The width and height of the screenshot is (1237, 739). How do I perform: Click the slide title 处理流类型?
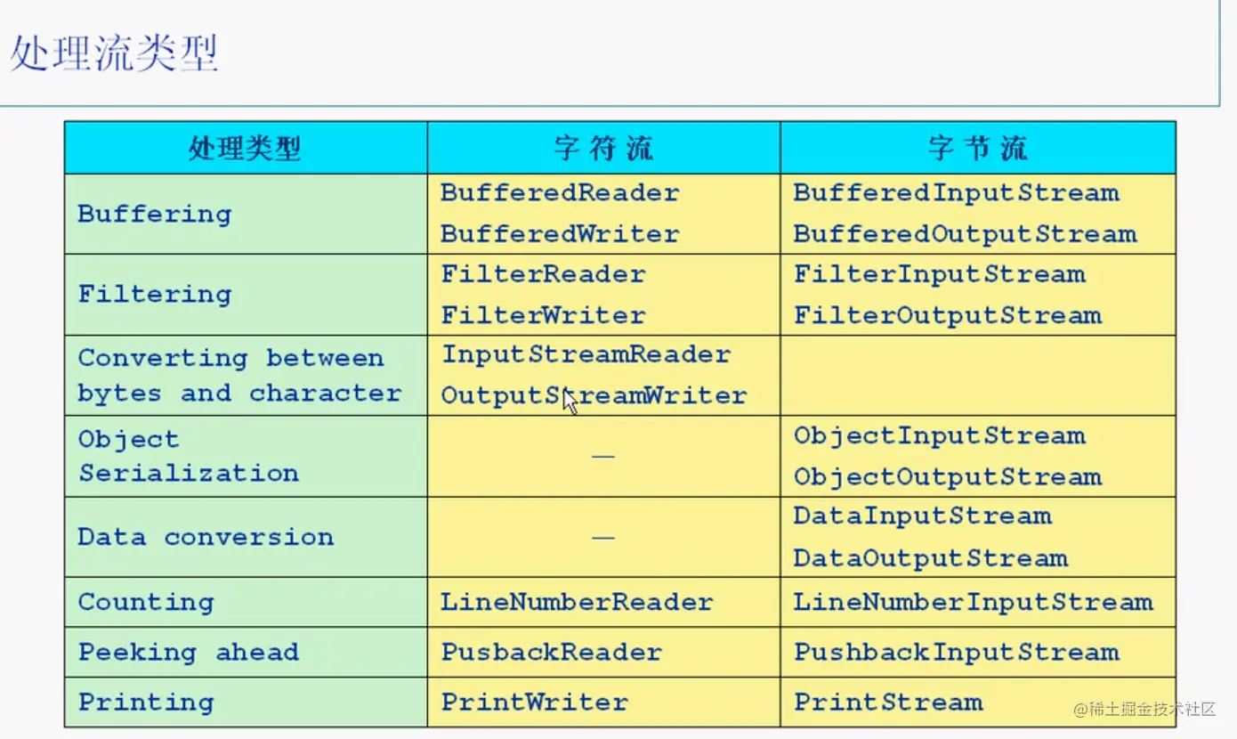tap(114, 54)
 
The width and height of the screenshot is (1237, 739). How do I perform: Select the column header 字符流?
tap(603, 148)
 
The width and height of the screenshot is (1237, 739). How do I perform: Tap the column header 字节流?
tap(977, 148)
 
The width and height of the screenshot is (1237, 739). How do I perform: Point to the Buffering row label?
tap(155, 214)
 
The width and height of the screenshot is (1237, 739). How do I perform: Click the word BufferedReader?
tap(560, 192)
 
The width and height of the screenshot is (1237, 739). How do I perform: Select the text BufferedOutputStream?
tap(965, 234)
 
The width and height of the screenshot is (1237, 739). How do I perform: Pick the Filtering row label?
tap(155, 294)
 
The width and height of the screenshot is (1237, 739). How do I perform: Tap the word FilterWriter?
tap(543, 315)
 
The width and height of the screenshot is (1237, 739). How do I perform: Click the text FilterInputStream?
tap(939, 273)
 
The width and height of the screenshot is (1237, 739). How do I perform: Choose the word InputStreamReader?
tap(586, 354)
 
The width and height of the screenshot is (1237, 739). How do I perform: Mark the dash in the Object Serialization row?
tap(603, 456)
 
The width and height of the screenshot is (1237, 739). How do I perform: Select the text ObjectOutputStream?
tap(948, 476)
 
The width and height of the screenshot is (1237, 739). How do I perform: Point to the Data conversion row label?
tap(206, 537)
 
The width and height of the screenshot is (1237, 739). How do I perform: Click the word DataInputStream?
tap(922, 516)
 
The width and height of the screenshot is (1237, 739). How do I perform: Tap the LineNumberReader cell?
tap(577, 602)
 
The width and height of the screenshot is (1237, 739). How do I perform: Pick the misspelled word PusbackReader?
tap(551, 652)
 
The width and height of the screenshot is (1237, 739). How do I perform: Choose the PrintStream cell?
tap(888, 702)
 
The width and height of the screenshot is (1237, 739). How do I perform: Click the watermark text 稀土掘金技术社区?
tap(1153, 710)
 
